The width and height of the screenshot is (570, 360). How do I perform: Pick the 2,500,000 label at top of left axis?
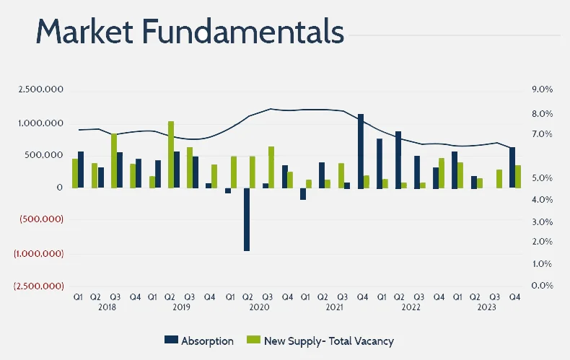[42, 89]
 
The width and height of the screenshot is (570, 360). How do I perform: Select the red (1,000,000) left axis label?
[39, 254]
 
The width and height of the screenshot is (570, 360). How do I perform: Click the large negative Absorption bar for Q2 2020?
[247, 219]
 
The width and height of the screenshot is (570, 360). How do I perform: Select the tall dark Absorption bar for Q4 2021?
[361, 151]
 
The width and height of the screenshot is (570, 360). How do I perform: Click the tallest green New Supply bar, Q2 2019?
[171, 154]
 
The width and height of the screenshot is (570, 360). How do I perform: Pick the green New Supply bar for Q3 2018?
[114, 160]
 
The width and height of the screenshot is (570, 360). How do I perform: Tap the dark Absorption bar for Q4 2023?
[512, 167]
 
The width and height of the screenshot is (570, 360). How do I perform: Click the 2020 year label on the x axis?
[258, 307]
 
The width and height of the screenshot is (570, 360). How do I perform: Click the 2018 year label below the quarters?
[107, 307]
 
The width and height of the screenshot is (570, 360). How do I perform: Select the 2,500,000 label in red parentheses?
[39, 286]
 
